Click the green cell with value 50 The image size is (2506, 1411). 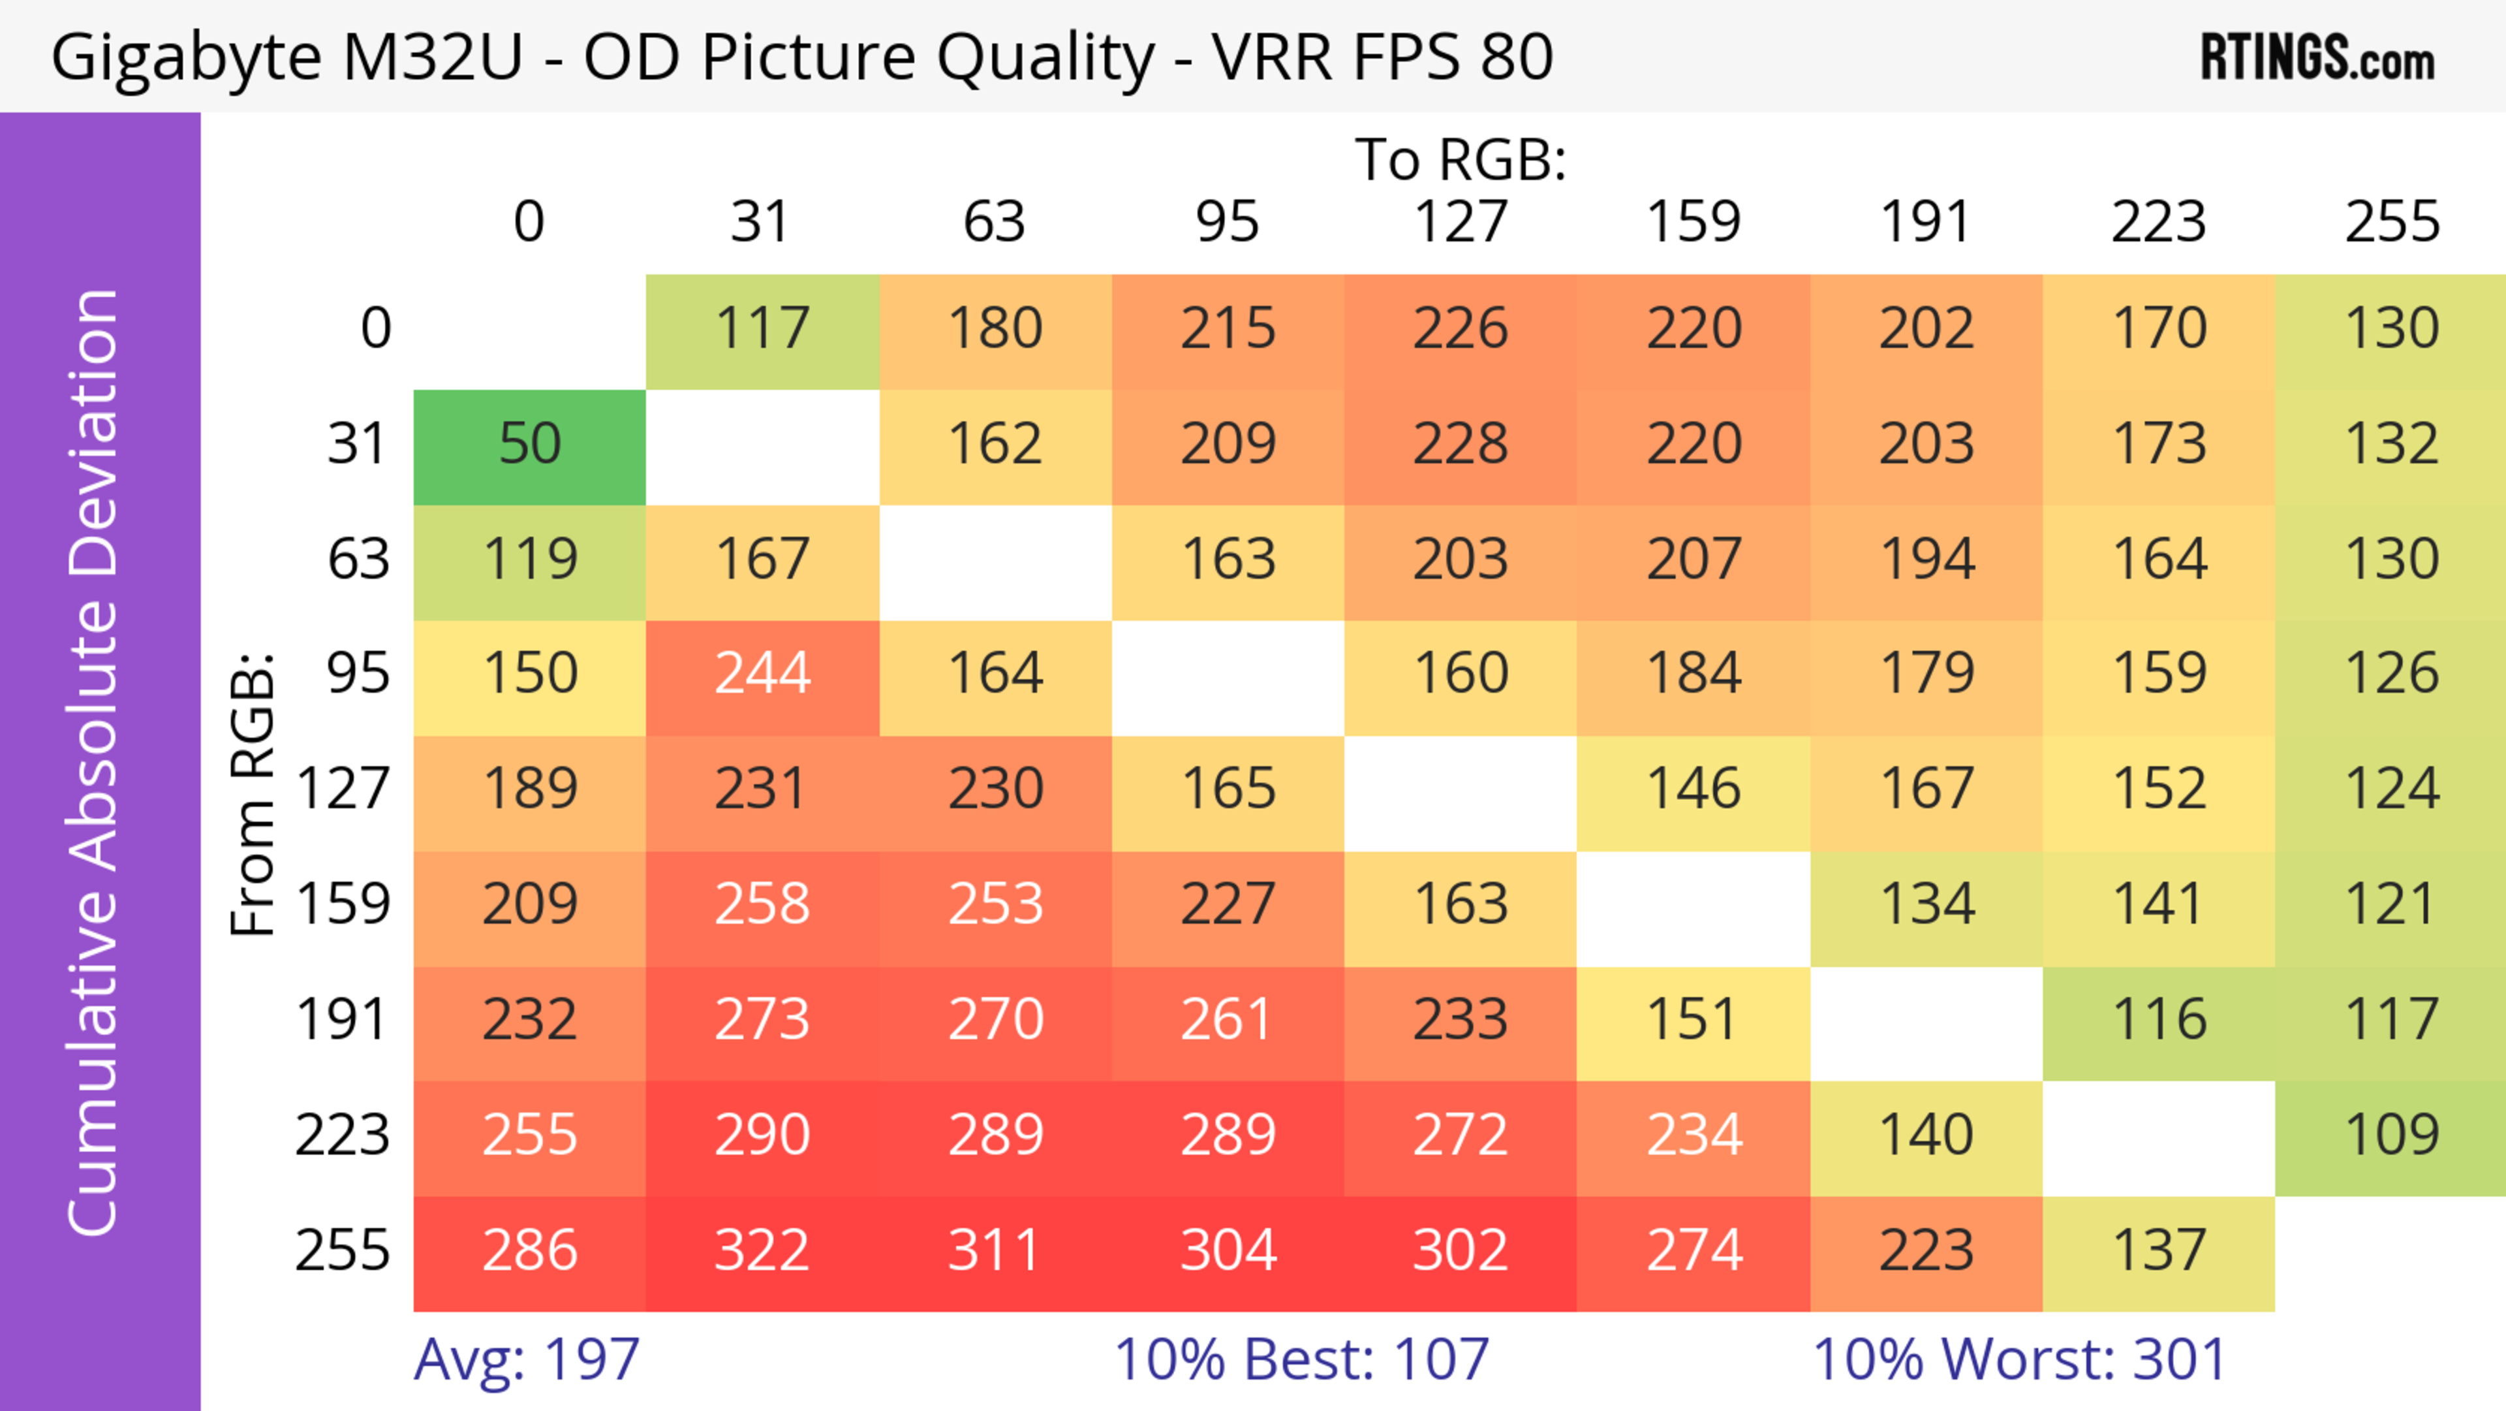(x=529, y=445)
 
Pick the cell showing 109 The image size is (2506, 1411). (x=2391, y=1135)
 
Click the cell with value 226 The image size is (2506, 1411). (x=1461, y=329)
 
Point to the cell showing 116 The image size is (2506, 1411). (x=2159, y=1021)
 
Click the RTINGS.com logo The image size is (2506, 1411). (x=2317, y=57)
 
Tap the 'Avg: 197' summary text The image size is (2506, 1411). (x=526, y=1359)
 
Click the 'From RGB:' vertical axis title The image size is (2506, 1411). (x=253, y=793)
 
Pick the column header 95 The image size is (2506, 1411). (x=1228, y=222)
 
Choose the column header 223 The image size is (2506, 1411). (x=2159, y=222)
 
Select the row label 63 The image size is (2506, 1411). (x=358, y=560)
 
